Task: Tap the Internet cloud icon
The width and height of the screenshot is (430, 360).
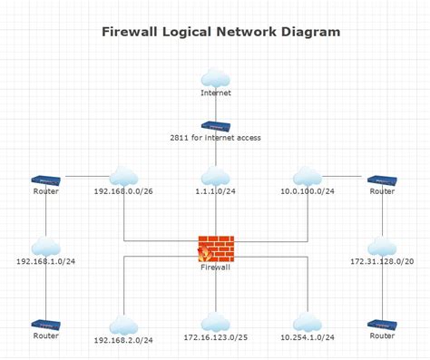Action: (x=215, y=77)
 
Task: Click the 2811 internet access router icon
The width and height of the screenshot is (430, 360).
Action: (x=215, y=126)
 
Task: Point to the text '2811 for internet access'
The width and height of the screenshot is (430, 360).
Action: (x=215, y=139)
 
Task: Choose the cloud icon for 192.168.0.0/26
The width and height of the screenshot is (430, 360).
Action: (x=123, y=176)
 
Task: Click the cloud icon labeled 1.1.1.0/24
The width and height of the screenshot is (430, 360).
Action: (x=215, y=176)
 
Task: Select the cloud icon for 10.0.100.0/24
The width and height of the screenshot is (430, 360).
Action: (x=308, y=176)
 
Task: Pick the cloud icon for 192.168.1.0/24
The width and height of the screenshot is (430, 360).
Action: (x=45, y=247)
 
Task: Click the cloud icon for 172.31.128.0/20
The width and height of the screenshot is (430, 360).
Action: (x=382, y=247)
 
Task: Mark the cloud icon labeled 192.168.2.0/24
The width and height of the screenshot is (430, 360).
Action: (x=123, y=325)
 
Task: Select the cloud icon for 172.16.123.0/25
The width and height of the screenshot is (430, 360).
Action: (x=215, y=322)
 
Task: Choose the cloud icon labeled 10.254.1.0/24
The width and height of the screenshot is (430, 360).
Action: (x=308, y=324)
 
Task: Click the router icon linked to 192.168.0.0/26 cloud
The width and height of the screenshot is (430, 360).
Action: (x=45, y=180)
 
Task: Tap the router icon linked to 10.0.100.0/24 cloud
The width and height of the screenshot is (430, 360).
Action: (x=382, y=180)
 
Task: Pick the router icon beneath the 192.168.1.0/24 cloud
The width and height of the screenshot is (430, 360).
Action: (x=45, y=324)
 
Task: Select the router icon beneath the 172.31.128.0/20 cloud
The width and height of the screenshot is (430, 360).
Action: (x=382, y=324)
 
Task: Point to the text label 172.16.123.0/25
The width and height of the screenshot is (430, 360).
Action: (x=215, y=338)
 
